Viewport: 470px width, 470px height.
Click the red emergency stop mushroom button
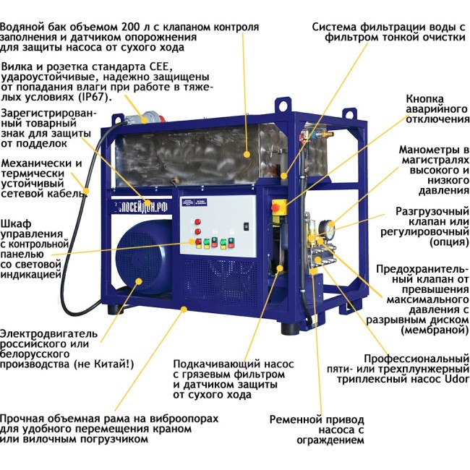275,208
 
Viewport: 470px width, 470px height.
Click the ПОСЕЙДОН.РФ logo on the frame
142,208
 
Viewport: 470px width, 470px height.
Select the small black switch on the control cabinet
247,226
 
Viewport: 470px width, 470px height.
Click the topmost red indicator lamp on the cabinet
197,222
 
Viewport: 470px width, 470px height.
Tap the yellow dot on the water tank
247,154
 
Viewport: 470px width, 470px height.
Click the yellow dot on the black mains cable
86,191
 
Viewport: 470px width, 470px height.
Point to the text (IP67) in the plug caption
93,98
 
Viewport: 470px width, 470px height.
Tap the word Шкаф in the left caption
16,224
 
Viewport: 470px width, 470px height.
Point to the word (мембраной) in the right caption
435,330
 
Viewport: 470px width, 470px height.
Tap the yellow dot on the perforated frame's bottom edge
184,309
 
